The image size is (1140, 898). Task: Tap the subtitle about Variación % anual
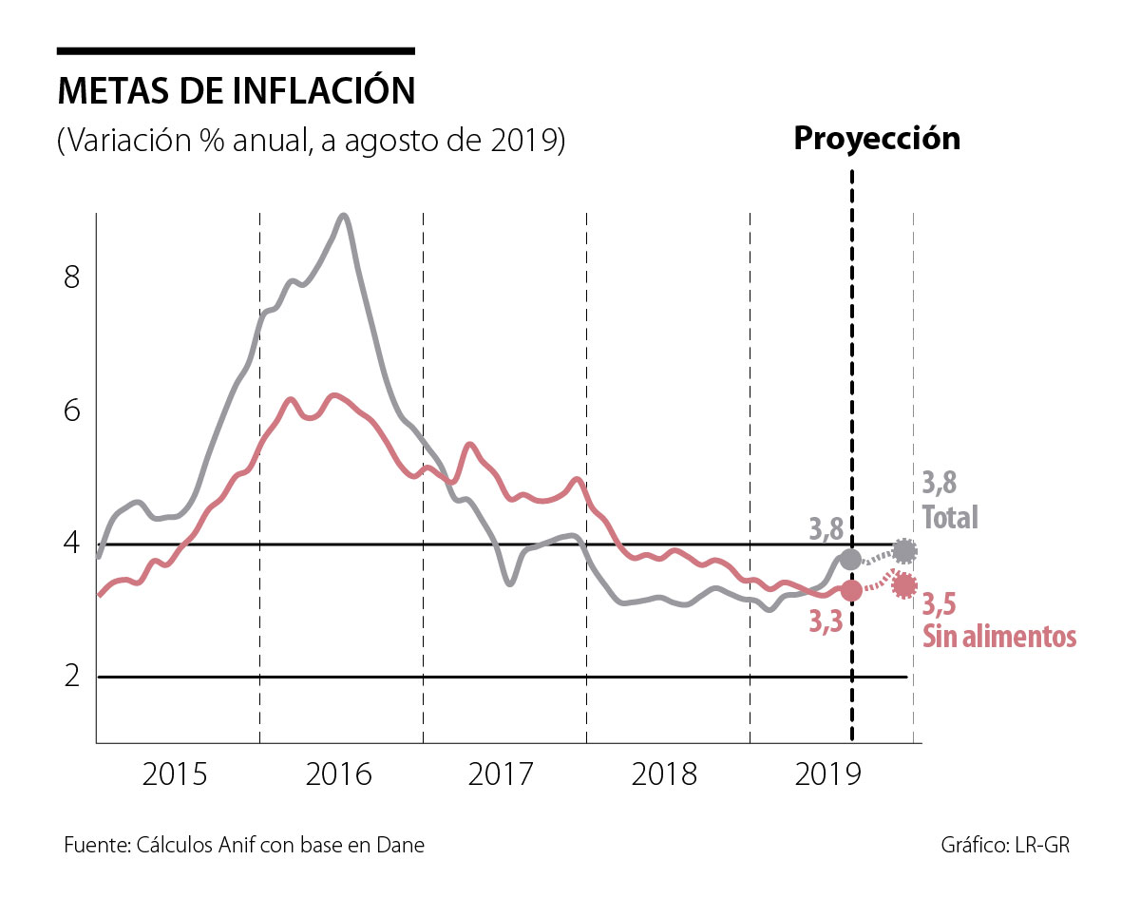click(x=312, y=141)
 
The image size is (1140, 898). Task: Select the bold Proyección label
click(x=877, y=138)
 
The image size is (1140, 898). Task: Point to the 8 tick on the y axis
click(x=70, y=278)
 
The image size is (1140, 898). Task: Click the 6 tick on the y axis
click(x=70, y=411)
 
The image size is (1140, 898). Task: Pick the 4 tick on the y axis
click(x=70, y=545)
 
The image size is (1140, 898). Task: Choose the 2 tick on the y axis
click(x=70, y=678)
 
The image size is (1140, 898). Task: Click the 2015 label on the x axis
click(x=175, y=774)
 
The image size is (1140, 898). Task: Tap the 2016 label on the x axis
click(x=339, y=774)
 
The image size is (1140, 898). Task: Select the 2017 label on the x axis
click(x=503, y=774)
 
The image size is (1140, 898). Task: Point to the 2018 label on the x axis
click(x=665, y=774)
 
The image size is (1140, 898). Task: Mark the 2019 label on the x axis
click(x=827, y=774)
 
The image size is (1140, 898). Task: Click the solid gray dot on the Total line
click(x=850, y=559)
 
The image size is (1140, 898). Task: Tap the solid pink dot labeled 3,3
click(x=851, y=590)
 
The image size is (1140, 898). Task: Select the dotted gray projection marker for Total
click(x=905, y=550)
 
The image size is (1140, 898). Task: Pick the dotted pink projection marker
click(x=904, y=585)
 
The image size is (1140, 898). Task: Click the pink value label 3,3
click(x=826, y=621)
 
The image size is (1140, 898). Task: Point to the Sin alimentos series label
click(x=999, y=636)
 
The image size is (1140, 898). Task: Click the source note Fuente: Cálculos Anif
click(x=244, y=846)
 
